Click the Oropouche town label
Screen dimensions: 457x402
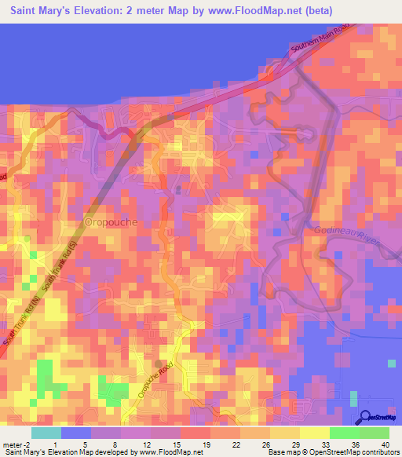111,222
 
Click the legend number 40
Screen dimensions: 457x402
385,444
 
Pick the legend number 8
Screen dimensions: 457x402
115,444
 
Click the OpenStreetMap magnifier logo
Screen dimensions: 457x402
365,417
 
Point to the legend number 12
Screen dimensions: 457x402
142,444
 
